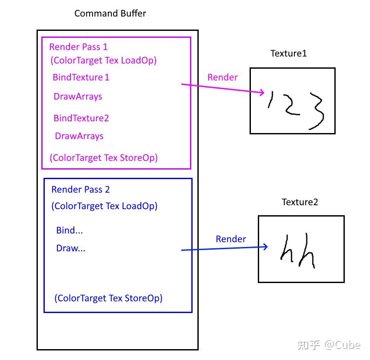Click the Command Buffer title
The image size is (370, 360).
(110, 13)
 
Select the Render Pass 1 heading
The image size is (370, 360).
(78, 47)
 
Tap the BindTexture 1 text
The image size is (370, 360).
(81, 77)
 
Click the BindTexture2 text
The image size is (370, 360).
(81, 118)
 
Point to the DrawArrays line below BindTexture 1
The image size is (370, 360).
(78, 97)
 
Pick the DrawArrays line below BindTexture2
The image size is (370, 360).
(79, 136)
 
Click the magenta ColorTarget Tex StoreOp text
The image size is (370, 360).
(103, 157)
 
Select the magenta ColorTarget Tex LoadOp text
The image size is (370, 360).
(103, 60)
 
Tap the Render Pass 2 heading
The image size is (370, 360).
(80, 190)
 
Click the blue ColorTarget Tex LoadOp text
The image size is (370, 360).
(104, 206)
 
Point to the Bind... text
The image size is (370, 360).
(69, 230)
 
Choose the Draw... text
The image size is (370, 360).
(70, 249)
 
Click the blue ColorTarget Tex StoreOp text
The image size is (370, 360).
(108, 298)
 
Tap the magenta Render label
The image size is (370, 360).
(222, 77)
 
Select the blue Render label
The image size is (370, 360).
(230, 239)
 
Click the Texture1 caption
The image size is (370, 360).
(288, 53)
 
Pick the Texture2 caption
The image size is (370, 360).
(300, 202)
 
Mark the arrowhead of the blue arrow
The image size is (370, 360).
(265, 247)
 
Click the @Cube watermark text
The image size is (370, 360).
(342, 345)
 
